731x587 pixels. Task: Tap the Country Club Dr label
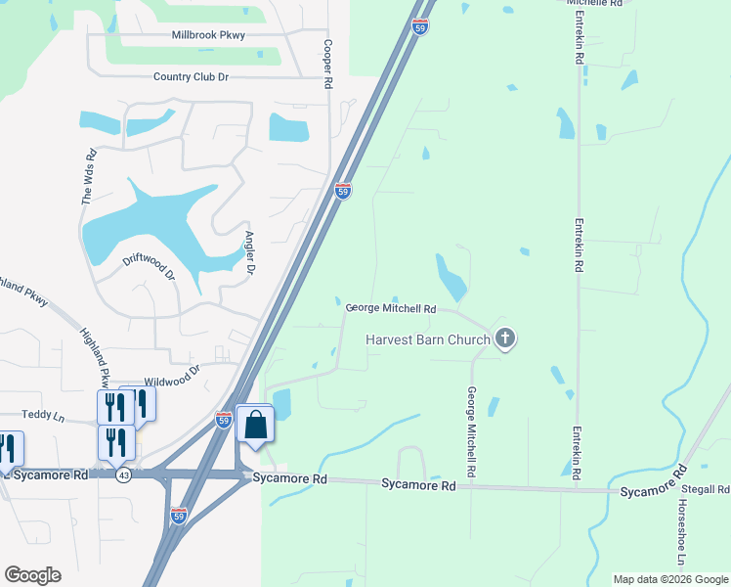pyautogui.click(x=191, y=76)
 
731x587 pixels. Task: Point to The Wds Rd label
pyautogui.click(x=90, y=176)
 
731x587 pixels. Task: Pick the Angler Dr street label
pyautogui.click(x=252, y=252)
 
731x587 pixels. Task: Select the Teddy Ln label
pyautogui.click(x=43, y=417)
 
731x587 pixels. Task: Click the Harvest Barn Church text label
pyautogui.click(x=429, y=340)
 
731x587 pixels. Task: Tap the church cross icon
pyautogui.click(x=504, y=339)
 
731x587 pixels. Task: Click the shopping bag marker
pyautogui.click(x=255, y=426)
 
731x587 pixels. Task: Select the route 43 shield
pyautogui.click(x=123, y=474)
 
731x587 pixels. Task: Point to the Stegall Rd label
pyautogui.click(x=707, y=488)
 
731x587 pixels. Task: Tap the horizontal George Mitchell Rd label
pyautogui.click(x=391, y=308)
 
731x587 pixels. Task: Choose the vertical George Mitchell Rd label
pyautogui.click(x=471, y=432)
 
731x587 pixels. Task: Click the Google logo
pyautogui.click(x=32, y=575)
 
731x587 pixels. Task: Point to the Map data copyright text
pyautogui.click(x=670, y=579)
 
